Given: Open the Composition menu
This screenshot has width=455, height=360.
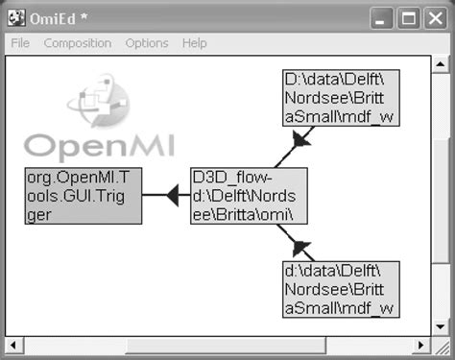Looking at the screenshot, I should (78, 43).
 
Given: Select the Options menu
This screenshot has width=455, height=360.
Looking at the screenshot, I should (146, 43).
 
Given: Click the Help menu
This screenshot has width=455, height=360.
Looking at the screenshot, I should (194, 43).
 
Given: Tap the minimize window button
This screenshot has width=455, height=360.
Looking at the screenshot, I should (384, 17).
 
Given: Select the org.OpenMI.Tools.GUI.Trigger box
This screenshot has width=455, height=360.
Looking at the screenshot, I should (83, 196).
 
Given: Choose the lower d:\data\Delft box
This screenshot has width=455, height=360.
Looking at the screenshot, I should (340, 288).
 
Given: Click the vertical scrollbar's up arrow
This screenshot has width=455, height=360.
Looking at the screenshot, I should (440, 65).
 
